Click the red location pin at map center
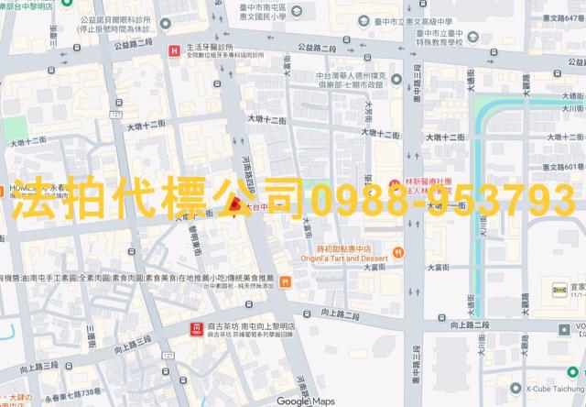coord(234,203)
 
